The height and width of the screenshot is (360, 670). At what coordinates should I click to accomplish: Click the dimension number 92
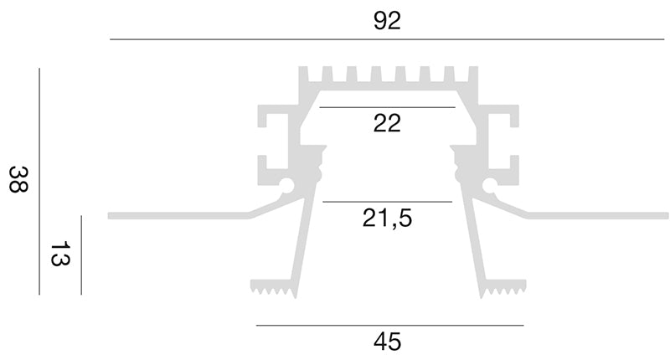pos(387,21)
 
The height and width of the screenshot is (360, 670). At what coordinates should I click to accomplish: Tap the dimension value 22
pos(387,123)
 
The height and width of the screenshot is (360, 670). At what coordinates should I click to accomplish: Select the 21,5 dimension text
pos(387,218)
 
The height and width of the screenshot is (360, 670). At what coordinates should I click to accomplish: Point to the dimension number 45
pos(387,342)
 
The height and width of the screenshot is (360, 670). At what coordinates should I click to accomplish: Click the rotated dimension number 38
pos(18,179)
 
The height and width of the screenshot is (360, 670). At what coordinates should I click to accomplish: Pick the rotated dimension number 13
pos(60,254)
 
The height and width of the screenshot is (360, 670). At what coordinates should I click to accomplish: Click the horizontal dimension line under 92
pos(387,39)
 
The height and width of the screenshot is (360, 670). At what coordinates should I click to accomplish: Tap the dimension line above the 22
pos(387,107)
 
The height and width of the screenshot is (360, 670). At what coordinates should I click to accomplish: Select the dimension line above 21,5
pos(387,201)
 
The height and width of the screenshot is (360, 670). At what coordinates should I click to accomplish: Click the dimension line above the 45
pos(389,326)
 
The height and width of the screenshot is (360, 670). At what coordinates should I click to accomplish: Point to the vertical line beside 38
pos(39,182)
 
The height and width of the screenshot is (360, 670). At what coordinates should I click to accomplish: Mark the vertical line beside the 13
pos(81,255)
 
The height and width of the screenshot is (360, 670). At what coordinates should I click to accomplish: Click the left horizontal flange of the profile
pos(178,216)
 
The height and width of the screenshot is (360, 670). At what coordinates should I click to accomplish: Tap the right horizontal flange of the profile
pos(597,216)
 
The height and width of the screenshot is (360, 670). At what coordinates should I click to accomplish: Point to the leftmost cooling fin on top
pos(303,75)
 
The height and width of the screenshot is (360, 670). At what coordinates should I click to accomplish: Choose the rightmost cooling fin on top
pos(473,75)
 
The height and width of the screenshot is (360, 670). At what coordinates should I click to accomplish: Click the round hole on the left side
pos(286,185)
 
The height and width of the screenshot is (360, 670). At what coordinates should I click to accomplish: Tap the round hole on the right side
pos(490,185)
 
